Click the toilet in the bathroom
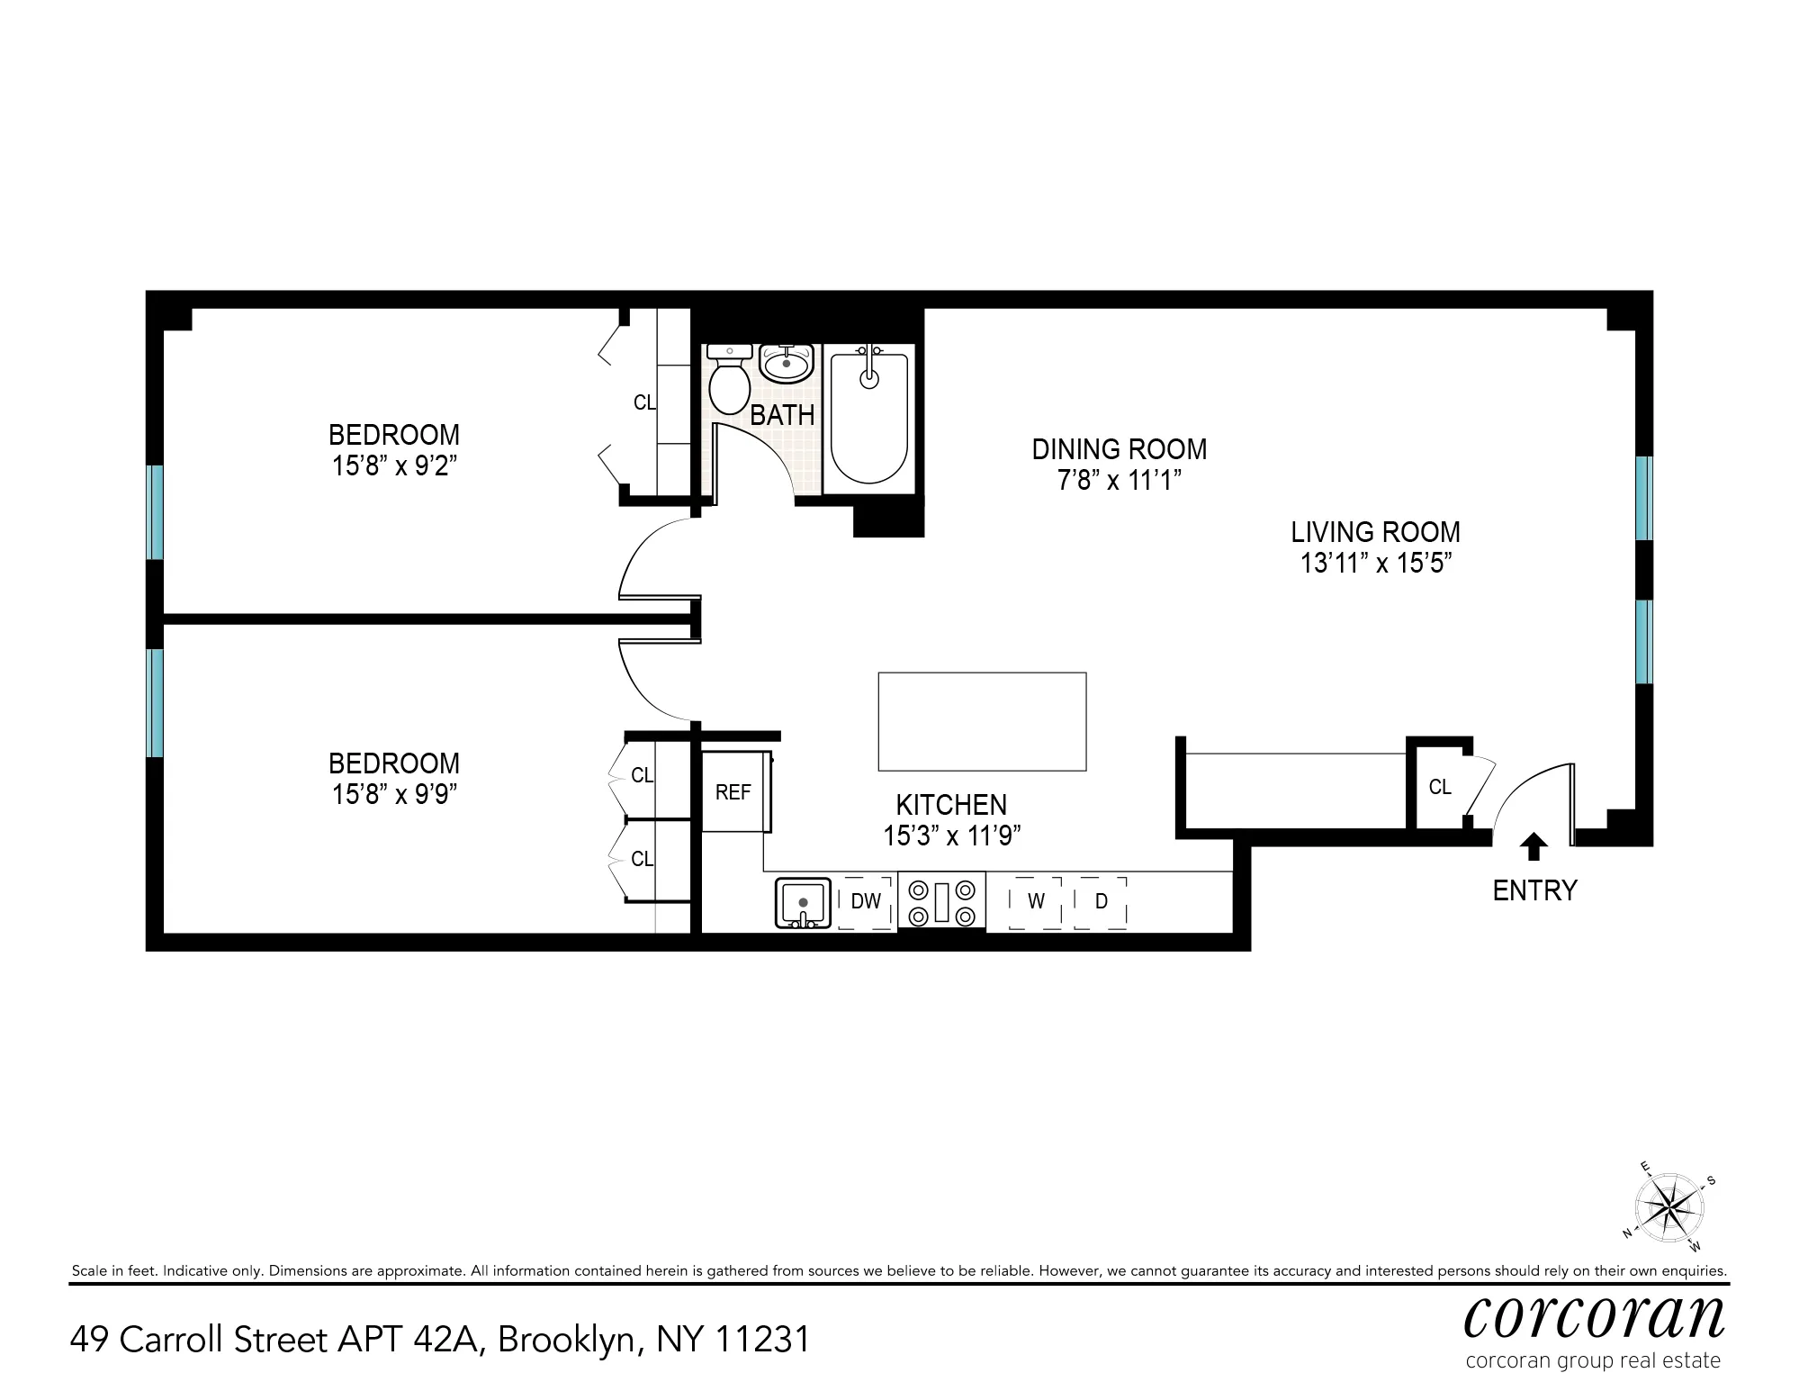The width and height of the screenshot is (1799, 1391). (729, 383)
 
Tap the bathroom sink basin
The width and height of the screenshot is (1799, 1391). (787, 364)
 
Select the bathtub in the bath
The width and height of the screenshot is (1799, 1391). (868, 418)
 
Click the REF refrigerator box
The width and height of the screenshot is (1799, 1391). (733, 791)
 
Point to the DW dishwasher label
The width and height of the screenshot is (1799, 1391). (866, 901)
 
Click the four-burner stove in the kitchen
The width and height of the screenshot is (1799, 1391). (941, 902)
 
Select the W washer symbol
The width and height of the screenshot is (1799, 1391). (1036, 901)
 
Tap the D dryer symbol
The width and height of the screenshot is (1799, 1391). (1101, 901)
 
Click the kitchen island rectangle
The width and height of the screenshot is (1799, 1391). (982, 721)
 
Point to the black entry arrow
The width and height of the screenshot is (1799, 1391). (1534, 846)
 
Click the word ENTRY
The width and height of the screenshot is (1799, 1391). (1534, 890)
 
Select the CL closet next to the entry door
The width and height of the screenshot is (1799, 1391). (1440, 787)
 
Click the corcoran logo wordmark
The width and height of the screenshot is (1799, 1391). (1594, 1316)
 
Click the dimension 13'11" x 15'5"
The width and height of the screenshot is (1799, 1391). (1376, 564)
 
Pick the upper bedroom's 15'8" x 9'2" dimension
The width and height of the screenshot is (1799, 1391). (394, 466)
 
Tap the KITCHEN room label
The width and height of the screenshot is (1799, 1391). (951, 804)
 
